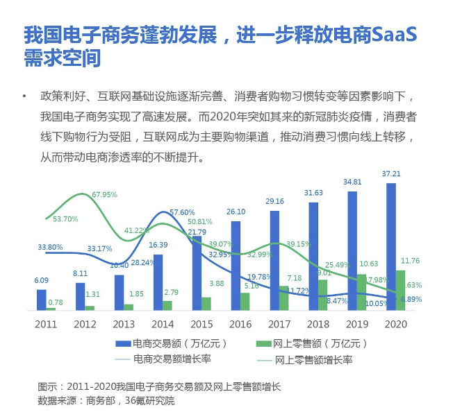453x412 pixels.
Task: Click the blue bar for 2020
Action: point(391,246)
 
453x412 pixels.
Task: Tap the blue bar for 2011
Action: point(42,300)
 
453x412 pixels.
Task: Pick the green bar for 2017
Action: point(284,298)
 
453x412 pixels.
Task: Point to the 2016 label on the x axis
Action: point(240,323)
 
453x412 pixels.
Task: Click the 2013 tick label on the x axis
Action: point(123,323)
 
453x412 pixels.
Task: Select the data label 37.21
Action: point(392,174)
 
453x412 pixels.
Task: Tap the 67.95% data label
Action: point(104,195)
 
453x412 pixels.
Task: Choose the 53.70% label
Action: point(65,218)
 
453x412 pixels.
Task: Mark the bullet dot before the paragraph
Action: point(25,95)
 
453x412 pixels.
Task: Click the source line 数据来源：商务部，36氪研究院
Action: point(106,401)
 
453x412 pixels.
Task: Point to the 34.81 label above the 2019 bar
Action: point(353,182)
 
